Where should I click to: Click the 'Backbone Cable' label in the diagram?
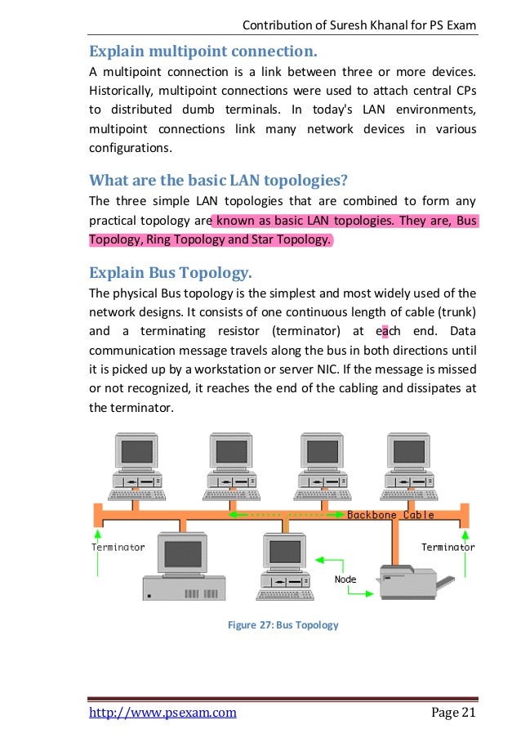coord(390,515)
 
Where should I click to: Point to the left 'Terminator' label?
coord(118,547)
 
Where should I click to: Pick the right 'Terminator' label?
coord(448,547)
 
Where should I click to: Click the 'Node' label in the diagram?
coord(345,579)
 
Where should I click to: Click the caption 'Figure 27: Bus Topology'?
coord(283,625)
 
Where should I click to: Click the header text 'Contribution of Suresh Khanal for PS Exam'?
coord(360,28)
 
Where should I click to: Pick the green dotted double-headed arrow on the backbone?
coord(285,515)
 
